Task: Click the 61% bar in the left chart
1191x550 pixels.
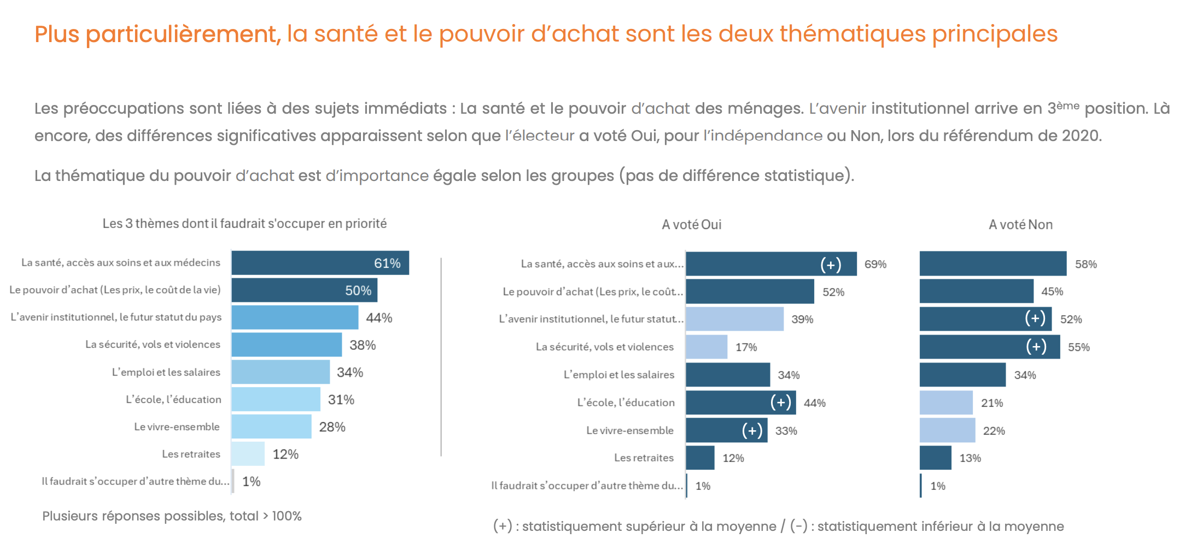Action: pos(320,263)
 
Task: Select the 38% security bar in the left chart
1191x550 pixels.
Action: pos(287,345)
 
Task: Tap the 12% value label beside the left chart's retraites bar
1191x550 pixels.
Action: pos(285,454)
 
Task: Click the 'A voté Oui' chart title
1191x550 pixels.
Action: pos(691,225)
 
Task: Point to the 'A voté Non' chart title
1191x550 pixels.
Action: pos(1020,225)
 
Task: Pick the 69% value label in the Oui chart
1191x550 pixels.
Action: pos(875,265)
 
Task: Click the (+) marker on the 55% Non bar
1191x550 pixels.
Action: pos(1036,347)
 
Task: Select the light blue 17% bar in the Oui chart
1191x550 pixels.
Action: pos(707,347)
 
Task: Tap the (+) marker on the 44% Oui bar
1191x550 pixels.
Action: pos(780,403)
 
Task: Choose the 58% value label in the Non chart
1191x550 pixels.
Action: pos(1085,265)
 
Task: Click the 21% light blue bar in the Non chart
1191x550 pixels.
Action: pos(946,403)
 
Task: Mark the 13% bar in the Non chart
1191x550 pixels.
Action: pos(936,458)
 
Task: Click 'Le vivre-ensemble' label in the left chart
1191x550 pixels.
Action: pos(177,427)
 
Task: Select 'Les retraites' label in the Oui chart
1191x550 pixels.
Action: pos(644,458)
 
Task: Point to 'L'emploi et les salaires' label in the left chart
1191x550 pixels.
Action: pos(166,372)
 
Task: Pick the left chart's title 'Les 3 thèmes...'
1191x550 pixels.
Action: pos(244,224)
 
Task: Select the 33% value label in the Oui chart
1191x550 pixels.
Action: pos(786,431)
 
